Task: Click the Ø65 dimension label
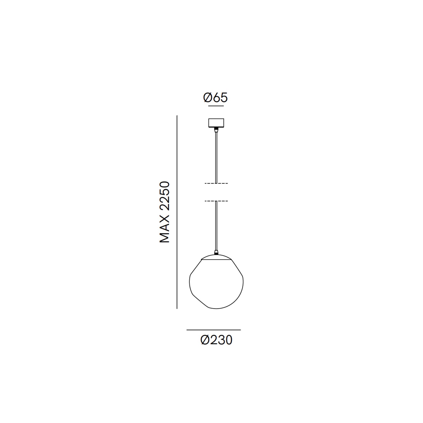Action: click(x=216, y=98)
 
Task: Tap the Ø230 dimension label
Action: click(x=216, y=340)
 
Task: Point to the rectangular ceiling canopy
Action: click(x=216, y=123)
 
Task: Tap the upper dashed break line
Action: click(x=216, y=183)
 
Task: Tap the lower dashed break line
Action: click(x=216, y=201)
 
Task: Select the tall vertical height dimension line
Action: click(x=177, y=212)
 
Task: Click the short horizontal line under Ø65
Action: click(x=216, y=106)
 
